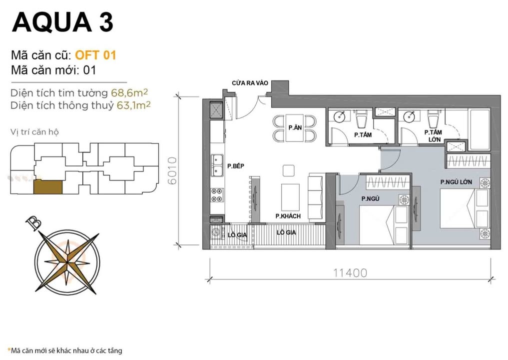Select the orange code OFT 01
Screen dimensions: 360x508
point(95,55)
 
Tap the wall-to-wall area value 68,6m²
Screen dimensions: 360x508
point(131,93)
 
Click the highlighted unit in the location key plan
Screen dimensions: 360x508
point(48,187)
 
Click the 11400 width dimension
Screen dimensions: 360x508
point(350,272)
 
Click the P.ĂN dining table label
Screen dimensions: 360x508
point(295,128)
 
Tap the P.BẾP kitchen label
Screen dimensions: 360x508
point(235,166)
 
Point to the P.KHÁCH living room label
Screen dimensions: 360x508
point(288,216)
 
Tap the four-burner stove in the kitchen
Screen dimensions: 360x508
point(218,194)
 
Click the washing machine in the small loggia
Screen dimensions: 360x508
point(217,232)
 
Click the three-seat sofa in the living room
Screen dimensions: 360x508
point(316,197)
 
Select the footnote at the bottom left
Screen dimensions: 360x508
point(64,350)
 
